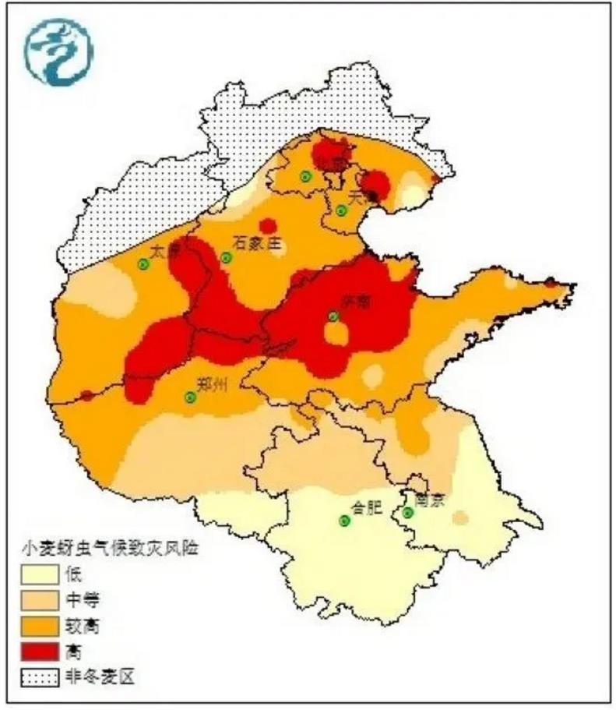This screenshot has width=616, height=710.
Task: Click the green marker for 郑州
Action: [x=190, y=397]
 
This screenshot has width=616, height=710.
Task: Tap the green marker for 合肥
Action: [x=344, y=521]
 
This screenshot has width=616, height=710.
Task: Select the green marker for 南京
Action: [x=408, y=512]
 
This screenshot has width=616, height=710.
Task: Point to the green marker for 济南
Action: [x=333, y=316]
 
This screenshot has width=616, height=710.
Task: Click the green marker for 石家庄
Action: [x=227, y=258]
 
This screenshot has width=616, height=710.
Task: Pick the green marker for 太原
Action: [x=143, y=264]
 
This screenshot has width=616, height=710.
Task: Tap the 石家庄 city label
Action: [x=256, y=244]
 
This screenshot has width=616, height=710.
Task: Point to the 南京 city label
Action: [x=429, y=500]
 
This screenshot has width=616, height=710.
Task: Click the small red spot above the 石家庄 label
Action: [x=267, y=226]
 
